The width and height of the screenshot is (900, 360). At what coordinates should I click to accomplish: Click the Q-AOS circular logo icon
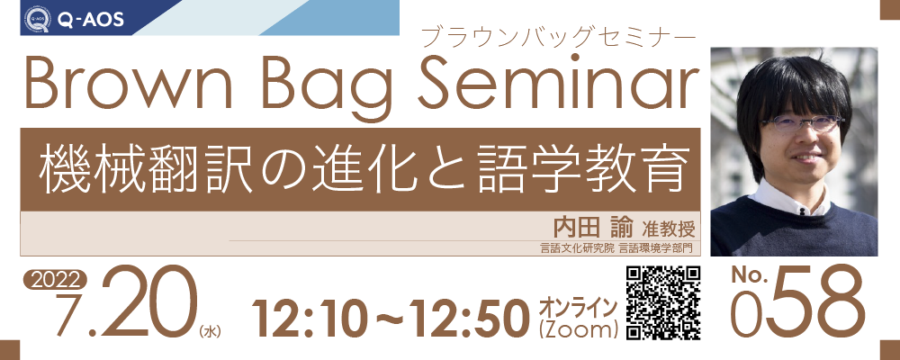coord(37,19)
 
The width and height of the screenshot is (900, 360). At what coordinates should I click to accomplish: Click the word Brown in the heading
coord(128,85)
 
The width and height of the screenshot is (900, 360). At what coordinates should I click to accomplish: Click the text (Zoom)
coord(578,330)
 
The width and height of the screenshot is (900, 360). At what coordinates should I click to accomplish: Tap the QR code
coord(663,302)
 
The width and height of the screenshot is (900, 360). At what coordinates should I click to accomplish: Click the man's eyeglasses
coord(802,122)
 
